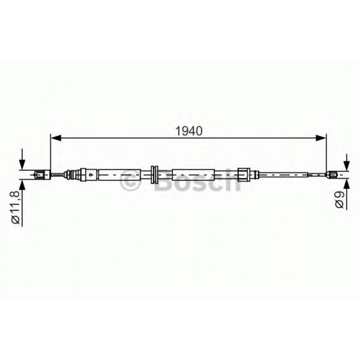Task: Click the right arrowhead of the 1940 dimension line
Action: click(321, 139)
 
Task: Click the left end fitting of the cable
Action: click(42, 174)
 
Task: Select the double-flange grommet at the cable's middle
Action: click(154, 174)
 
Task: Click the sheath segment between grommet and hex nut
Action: click(193, 174)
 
